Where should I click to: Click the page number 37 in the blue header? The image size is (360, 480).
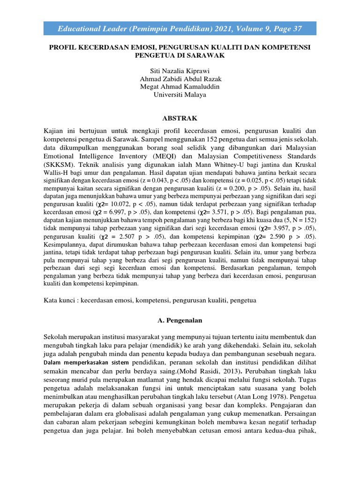point(296,30)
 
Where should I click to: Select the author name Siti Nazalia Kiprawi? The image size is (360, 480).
point(180,70)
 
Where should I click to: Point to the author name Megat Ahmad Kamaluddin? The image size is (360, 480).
point(180,86)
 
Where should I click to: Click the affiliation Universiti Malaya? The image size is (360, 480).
point(180,94)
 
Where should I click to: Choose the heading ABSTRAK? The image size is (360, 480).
point(180,118)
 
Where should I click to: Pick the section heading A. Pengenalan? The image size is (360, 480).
point(180,321)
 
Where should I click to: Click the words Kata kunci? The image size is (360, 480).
point(60,299)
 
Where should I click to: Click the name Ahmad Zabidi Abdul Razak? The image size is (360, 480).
point(180,78)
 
